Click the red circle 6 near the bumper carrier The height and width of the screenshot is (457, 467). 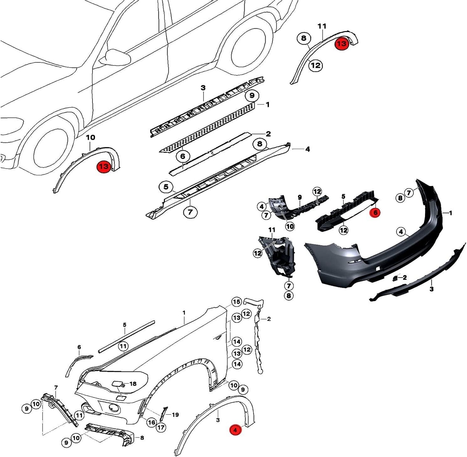(x=375, y=212)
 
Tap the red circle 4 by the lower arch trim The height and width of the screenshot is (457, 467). (x=235, y=430)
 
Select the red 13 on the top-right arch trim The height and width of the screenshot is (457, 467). (x=342, y=43)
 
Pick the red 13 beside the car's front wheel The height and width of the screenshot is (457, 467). (x=104, y=167)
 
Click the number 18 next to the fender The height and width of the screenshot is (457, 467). (x=133, y=384)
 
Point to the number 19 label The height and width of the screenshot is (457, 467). (x=175, y=415)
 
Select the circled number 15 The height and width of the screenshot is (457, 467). (x=237, y=302)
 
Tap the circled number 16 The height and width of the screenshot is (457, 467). (x=151, y=422)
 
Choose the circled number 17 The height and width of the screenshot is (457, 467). (x=161, y=428)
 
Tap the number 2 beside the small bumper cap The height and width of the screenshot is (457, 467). (x=404, y=277)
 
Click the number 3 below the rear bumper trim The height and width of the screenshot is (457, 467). (x=431, y=289)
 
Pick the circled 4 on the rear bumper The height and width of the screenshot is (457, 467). (x=401, y=232)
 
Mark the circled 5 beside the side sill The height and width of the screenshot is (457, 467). (x=166, y=187)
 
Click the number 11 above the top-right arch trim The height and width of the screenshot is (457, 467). (x=322, y=26)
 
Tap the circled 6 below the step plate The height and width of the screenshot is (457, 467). (x=183, y=156)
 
